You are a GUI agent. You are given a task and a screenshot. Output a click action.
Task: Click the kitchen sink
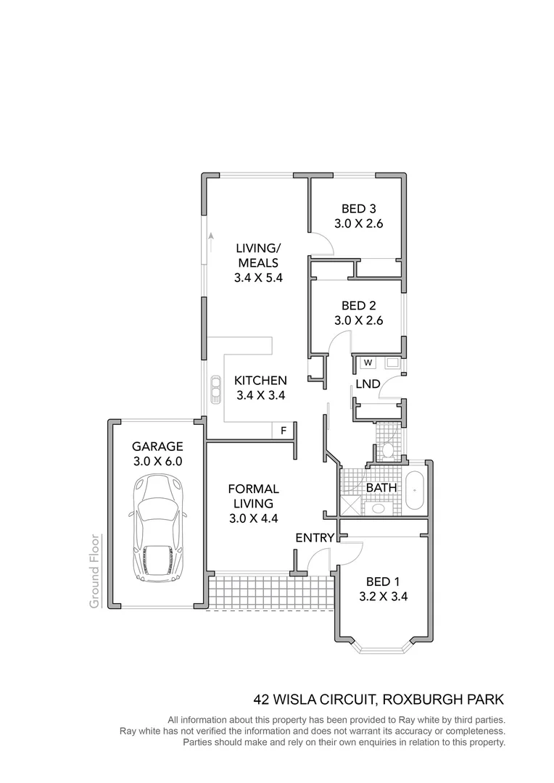(215, 389)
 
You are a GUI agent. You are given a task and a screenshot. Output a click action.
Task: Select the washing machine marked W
(368, 362)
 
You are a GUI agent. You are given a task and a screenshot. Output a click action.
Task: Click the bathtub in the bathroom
(415, 491)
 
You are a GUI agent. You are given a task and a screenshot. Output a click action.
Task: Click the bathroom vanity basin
(378, 508)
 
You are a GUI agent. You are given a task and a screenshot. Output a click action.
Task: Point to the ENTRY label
(315, 538)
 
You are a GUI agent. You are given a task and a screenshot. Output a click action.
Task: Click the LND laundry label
(368, 384)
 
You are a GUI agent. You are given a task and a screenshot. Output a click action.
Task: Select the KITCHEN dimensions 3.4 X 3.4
(260, 396)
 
